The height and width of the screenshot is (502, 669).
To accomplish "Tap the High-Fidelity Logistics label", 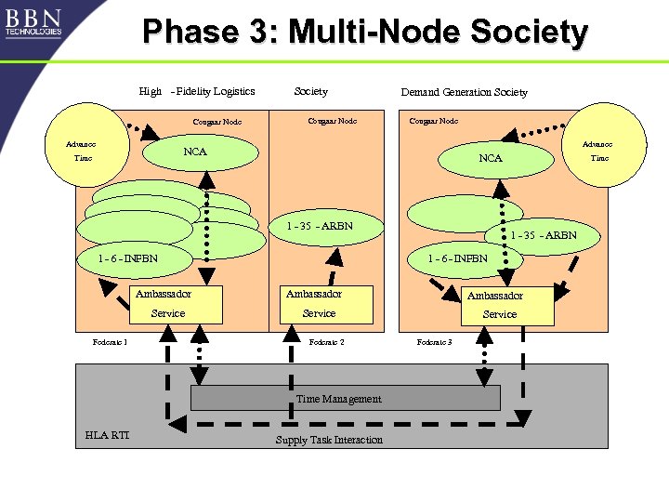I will coord(196,91).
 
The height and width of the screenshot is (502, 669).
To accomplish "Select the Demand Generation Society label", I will coord(464,92).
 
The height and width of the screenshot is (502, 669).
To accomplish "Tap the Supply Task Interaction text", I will coord(329,440).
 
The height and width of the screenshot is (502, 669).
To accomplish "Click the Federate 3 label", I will coord(434,342).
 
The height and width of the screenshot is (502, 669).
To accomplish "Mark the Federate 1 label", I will coord(110,342).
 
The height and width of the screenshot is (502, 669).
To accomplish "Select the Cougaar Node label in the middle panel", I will coord(332,121).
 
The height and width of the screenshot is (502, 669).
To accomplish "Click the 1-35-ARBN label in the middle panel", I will coord(319,226).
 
